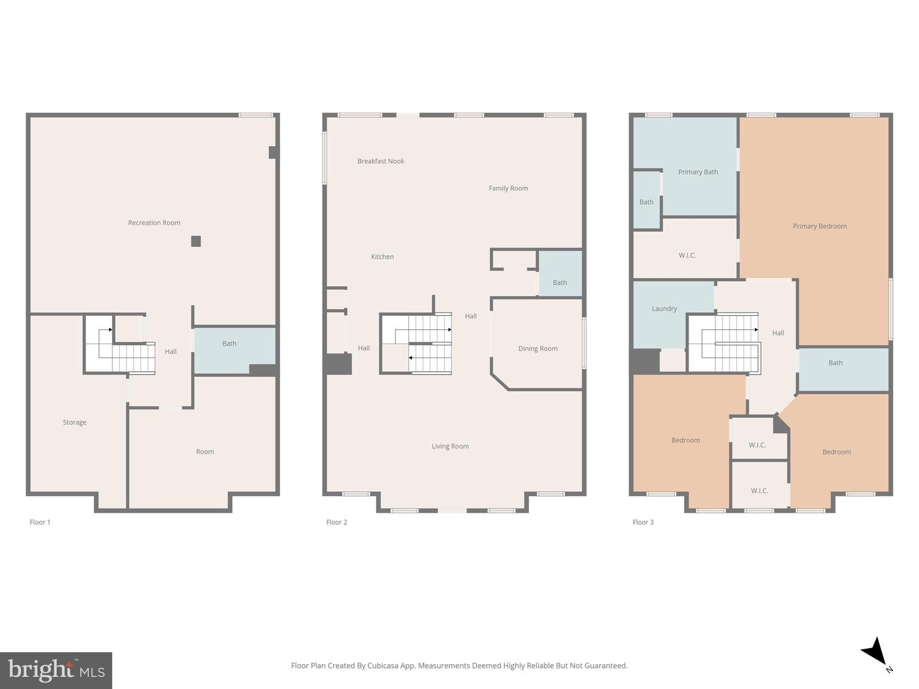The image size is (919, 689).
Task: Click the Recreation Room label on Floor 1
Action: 154,223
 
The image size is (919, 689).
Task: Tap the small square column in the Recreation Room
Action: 196,241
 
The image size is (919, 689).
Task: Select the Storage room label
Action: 74,422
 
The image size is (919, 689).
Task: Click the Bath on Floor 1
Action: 229,344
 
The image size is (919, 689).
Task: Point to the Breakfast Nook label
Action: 380,161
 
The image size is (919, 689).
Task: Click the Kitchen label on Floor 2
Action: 382,257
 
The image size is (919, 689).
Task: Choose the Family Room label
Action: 508,188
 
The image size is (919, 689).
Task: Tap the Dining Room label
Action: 537,349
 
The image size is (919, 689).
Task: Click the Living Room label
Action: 450,447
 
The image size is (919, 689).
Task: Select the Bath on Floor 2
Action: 560,283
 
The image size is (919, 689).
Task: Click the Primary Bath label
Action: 698,172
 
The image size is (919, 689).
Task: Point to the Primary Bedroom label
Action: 819,226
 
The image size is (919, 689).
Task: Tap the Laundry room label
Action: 664,309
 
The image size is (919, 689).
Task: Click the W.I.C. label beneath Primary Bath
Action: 687,256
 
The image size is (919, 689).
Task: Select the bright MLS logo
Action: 56,670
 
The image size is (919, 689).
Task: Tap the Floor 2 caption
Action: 336,522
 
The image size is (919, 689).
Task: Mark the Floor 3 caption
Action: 643,522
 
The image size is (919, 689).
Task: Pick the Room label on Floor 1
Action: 205,452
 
